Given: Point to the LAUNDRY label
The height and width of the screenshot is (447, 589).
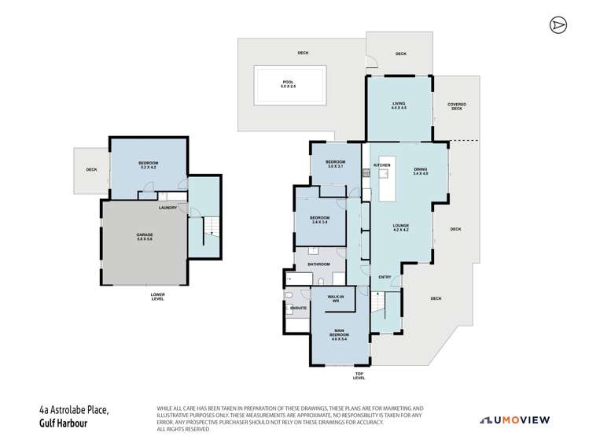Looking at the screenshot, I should (x=167, y=208).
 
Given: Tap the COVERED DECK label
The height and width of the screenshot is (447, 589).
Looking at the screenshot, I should (x=456, y=106).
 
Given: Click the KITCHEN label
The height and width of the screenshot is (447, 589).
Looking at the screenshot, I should (x=382, y=165).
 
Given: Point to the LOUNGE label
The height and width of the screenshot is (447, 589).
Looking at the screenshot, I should (x=400, y=228).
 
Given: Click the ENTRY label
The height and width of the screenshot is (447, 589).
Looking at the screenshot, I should (x=385, y=277).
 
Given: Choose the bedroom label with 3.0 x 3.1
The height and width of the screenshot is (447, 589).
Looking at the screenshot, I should (x=336, y=164).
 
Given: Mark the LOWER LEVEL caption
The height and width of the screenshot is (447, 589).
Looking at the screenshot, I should (x=157, y=297).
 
